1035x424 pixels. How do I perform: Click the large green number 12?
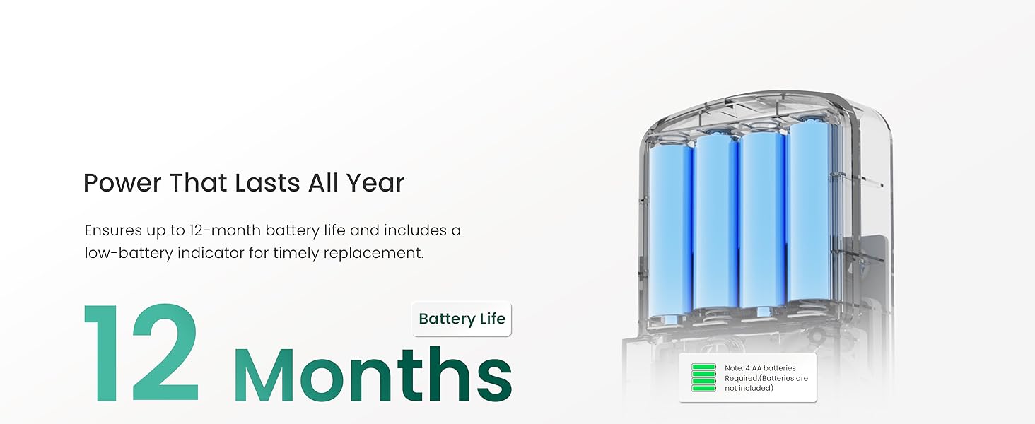(141, 353)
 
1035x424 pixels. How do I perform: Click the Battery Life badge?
(462, 319)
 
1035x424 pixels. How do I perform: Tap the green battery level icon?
(703, 378)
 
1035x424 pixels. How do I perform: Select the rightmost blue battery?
(807, 212)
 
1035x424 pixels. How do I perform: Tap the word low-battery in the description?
(127, 252)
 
